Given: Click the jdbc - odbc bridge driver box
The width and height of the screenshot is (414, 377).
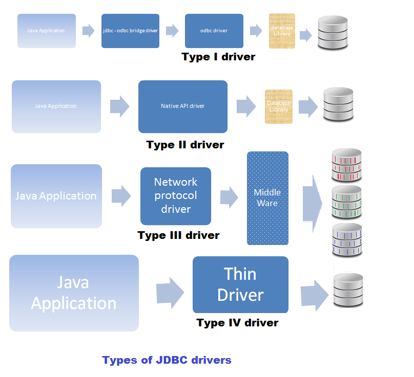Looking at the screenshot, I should click(x=130, y=31).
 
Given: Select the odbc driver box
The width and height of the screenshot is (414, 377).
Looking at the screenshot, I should click(x=214, y=31).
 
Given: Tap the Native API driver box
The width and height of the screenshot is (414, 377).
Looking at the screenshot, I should click(x=182, y=106).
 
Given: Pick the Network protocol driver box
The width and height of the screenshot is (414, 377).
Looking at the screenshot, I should click(x=176, y=196).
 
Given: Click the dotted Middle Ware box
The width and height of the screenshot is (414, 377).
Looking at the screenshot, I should click(x=267, y=198).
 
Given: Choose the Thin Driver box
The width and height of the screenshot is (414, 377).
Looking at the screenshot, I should click(x=240, y=284).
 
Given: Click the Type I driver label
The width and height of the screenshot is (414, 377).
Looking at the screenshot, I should click(x=218, y=57).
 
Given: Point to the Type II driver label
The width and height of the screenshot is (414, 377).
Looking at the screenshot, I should click(x=185, y=145).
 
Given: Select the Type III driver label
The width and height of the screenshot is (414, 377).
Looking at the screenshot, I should click(x=178, y=236).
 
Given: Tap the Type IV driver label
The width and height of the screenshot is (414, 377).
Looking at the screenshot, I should click(x=237, y=323).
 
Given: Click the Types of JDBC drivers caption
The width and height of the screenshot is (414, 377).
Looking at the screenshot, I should click(x=167, y=360).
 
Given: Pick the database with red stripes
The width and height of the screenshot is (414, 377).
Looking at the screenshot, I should click(x=347, y=165).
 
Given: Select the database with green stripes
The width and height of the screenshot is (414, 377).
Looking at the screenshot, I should click(x=347, y=202).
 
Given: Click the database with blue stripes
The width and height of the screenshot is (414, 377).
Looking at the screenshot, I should click(x=347, y=239).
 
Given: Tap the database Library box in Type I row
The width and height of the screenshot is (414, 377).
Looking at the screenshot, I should click(x=282, y=31).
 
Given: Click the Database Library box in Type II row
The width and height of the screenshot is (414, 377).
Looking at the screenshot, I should click(x=279, y=106).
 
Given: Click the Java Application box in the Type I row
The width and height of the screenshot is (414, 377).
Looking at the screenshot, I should click(x=47, y=31).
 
